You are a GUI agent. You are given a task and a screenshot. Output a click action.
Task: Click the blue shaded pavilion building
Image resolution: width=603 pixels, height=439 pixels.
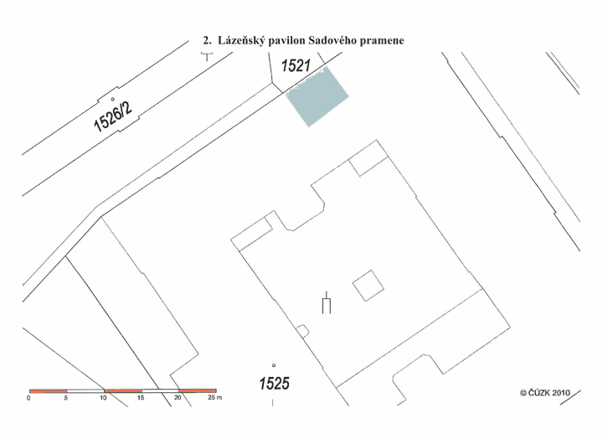pyautogui.click(x=317, y=96)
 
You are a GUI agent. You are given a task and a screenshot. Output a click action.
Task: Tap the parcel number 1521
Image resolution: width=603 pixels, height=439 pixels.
pyautogui.click(x=296, y=66)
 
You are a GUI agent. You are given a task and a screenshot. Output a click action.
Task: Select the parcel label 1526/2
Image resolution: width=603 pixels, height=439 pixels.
pyautogui.click(x=113, y=116)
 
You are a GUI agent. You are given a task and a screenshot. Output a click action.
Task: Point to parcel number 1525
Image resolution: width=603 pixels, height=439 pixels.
pyautogui.click(x=274, y=383)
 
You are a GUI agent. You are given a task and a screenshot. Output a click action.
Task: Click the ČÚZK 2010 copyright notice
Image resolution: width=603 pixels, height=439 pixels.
pyautogui.click(x=545, y=393)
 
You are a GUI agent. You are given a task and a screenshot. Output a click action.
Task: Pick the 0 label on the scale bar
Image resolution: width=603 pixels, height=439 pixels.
pyautogui.click(x=28, y=398)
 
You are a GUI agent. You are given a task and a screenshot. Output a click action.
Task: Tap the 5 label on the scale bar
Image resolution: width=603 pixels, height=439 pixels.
pyautogui.click(x=66, y=398)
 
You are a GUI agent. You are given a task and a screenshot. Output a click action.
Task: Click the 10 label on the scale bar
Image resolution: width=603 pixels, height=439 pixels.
pyautogui.click(x=104, y=398)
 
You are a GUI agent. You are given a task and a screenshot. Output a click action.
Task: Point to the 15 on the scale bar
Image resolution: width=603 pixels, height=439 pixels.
pyautogui.click(x=141, y=398)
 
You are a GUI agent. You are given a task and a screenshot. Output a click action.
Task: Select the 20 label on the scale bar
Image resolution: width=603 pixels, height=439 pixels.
pyautogui.click(x=178, y=397)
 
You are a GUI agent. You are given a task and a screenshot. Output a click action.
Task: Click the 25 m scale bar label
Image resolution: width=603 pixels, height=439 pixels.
pyautogui.click(x=215, y=397)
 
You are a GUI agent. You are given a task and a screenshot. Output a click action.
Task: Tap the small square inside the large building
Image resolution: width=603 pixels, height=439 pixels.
pyautogui.click(x=368, y=286)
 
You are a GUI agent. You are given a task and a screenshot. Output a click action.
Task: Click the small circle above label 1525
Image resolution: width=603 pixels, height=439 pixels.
pyautogui.click(x=274, y=365)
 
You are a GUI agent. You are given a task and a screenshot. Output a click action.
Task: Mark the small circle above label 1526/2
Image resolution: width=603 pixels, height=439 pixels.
pyautogui.click(x=113, y=99)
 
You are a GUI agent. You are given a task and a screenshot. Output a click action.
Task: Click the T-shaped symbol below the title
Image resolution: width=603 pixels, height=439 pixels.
pyautogui.click(x=207, y=57)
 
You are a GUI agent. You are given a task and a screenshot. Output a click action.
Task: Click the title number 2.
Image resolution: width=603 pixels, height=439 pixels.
pyautogui.click(x=207, y=40)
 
